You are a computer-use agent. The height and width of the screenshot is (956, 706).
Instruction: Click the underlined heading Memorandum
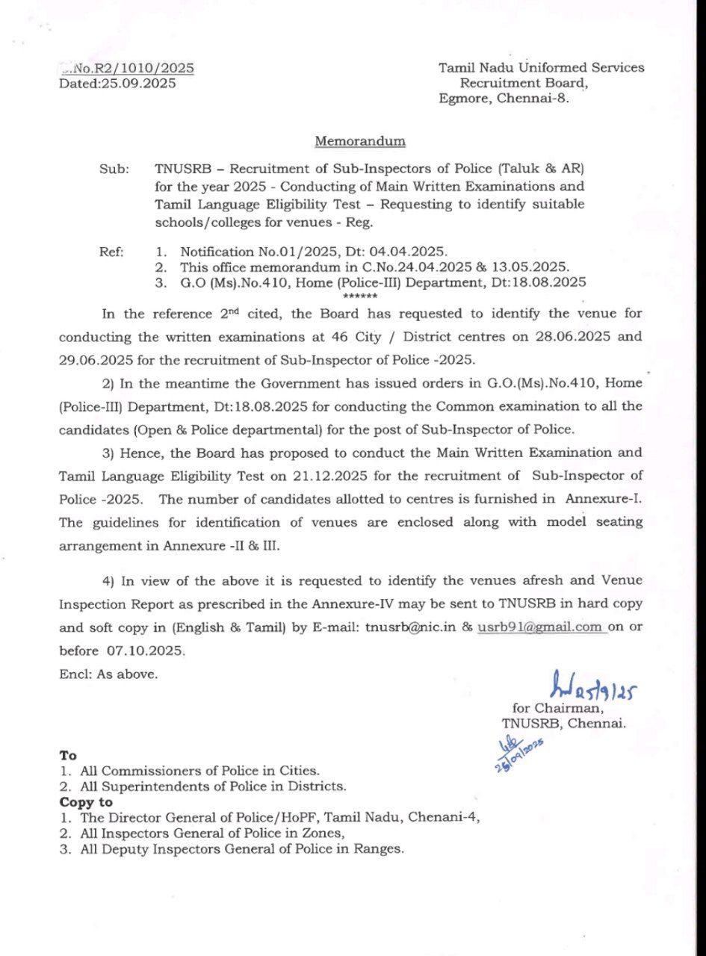click(360, 140)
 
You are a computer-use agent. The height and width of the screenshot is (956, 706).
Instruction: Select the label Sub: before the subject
click(114, 170)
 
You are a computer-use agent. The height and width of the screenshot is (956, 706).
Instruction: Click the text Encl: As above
click(108, 674)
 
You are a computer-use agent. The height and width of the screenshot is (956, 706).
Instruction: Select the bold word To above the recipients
click(68, 756)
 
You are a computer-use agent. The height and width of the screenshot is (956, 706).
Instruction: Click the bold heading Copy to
click(86, 802)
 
